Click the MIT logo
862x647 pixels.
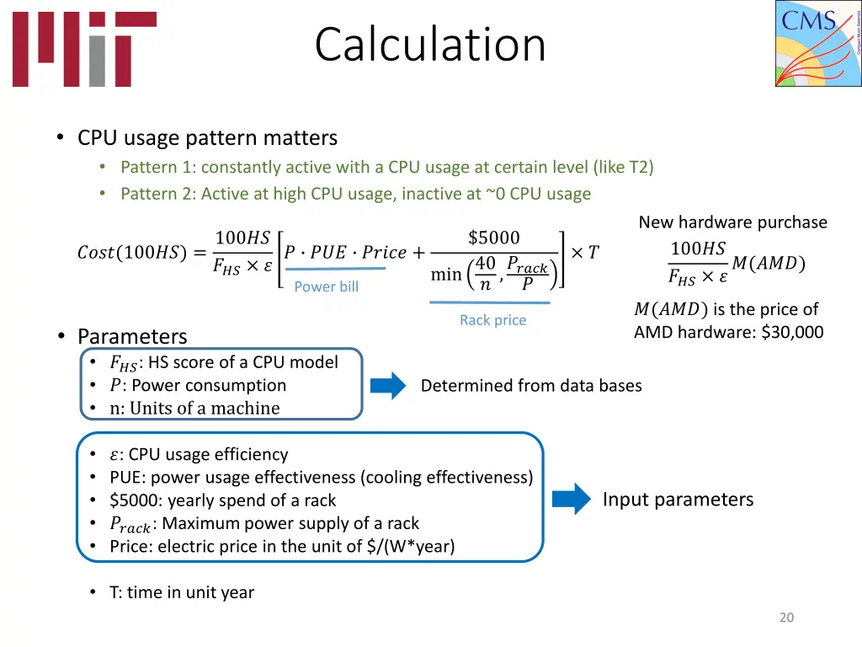[83, 49]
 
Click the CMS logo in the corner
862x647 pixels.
[817, 44]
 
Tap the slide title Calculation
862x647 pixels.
[430, 45]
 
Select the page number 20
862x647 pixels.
[786, 618]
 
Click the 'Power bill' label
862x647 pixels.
[327, 286]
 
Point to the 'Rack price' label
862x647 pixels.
[492, 320]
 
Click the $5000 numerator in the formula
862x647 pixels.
[493, 238]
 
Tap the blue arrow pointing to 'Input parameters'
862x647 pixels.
[572, 499]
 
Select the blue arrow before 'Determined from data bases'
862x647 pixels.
[388, 386]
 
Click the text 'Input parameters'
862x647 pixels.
[678, 500]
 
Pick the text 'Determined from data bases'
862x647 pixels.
[531, 386]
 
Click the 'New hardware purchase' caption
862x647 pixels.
[732, 222]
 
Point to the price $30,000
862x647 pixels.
[792, 332]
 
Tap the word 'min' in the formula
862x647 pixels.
[446, 275]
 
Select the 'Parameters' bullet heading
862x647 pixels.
[132, 336]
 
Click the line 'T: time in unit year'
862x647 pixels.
[181, 592]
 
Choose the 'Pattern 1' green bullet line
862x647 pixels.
[386, 167]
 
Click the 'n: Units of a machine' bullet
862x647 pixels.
[194, 409]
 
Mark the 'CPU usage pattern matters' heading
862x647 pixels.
[207, 137]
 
